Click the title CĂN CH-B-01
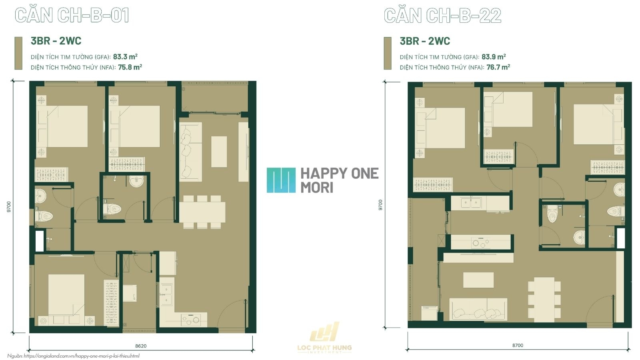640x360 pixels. click(72, 15)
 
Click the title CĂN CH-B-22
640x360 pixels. click(442, 16)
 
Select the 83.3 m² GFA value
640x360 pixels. click(125, 56)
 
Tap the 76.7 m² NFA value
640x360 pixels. click(498, 67)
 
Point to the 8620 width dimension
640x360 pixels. click(140, 346)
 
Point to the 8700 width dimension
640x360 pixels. click(518, 346)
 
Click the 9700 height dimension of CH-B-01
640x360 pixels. click(9, 207)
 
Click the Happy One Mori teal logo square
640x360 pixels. click(281, 180)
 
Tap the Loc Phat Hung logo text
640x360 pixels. click(324, 348)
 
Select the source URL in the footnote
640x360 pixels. click(82, 356)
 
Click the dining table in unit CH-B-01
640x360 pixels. click(202, 212)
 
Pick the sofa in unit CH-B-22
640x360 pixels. click(478, 310)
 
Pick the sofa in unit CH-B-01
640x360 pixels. click(191, 152)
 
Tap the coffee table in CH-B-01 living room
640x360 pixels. click(219, 152)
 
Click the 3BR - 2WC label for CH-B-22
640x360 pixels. click(425, 41)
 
